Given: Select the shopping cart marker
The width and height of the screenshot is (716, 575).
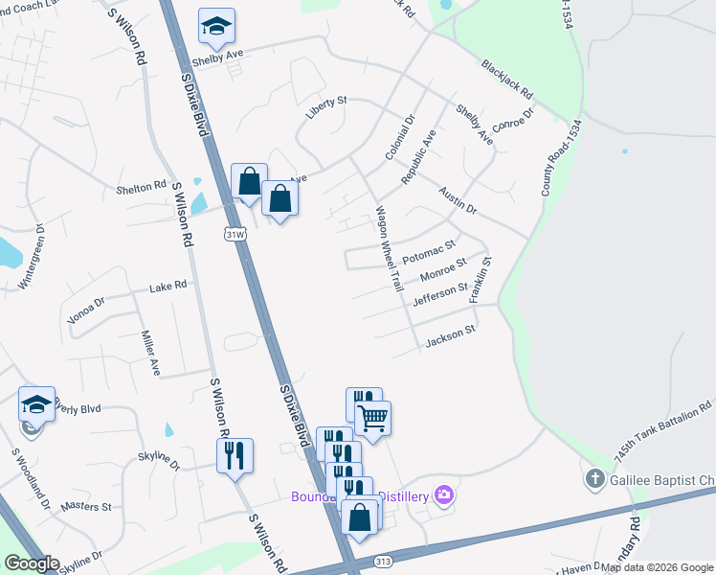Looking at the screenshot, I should coord(372,418).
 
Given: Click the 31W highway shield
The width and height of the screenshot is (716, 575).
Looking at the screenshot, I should coord(235,233).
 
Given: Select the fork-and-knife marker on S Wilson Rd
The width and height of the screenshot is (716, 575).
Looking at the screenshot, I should coord(235,455).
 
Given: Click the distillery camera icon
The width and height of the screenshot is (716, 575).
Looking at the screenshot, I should coord(443,494).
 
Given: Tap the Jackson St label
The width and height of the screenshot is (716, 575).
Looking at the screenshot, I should coord(450,336).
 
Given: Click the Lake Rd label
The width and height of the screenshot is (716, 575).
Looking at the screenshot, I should coord(168,286).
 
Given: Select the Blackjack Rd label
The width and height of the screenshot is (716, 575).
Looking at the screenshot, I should coord(507,81).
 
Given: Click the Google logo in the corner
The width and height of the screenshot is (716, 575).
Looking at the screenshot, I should coord(32,563).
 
